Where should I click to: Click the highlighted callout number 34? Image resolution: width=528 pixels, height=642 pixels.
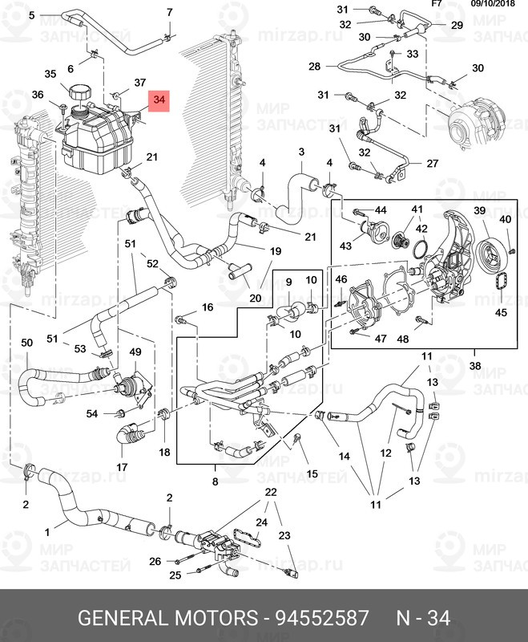pos(159,100)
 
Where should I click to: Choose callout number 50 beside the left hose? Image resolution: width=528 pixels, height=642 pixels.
pos(26,343)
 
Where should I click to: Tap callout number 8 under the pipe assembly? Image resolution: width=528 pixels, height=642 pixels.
pos(214,481)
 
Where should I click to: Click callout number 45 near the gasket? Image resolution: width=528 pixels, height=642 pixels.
pos(501,312)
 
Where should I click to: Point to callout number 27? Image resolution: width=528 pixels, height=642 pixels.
pos(433,163)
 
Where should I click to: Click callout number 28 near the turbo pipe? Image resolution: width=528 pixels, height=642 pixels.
pos(313,66)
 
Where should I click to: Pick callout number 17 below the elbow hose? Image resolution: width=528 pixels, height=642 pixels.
pos(122,466)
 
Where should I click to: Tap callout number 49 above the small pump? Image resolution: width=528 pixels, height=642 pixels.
pos(135,352)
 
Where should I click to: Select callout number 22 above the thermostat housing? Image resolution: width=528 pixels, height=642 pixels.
pos(271,491)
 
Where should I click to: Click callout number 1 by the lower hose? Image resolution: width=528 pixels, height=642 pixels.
pos(46,530)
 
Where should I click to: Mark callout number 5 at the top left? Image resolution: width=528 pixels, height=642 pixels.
pos(31,15)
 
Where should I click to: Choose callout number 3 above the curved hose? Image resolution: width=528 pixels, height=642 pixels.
pos(301,152)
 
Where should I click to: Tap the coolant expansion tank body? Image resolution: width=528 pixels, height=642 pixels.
pos(92,136)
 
